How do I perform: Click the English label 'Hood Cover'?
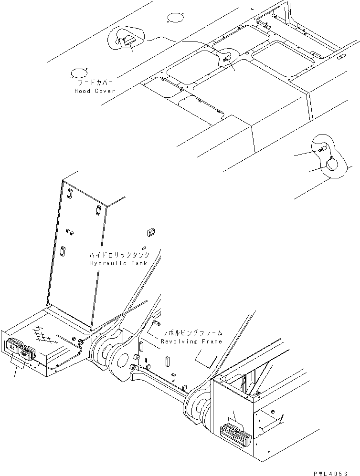[94, 91]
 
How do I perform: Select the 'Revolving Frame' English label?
[191, 341]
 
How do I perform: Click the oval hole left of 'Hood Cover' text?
[78, 73]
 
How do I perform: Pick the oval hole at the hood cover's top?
[175, 19]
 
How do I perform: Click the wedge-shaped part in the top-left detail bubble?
[128, 42]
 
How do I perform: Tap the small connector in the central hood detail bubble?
[226, 58]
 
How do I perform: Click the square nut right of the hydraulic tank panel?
[150, 232]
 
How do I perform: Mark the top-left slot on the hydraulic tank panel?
[70, 193]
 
